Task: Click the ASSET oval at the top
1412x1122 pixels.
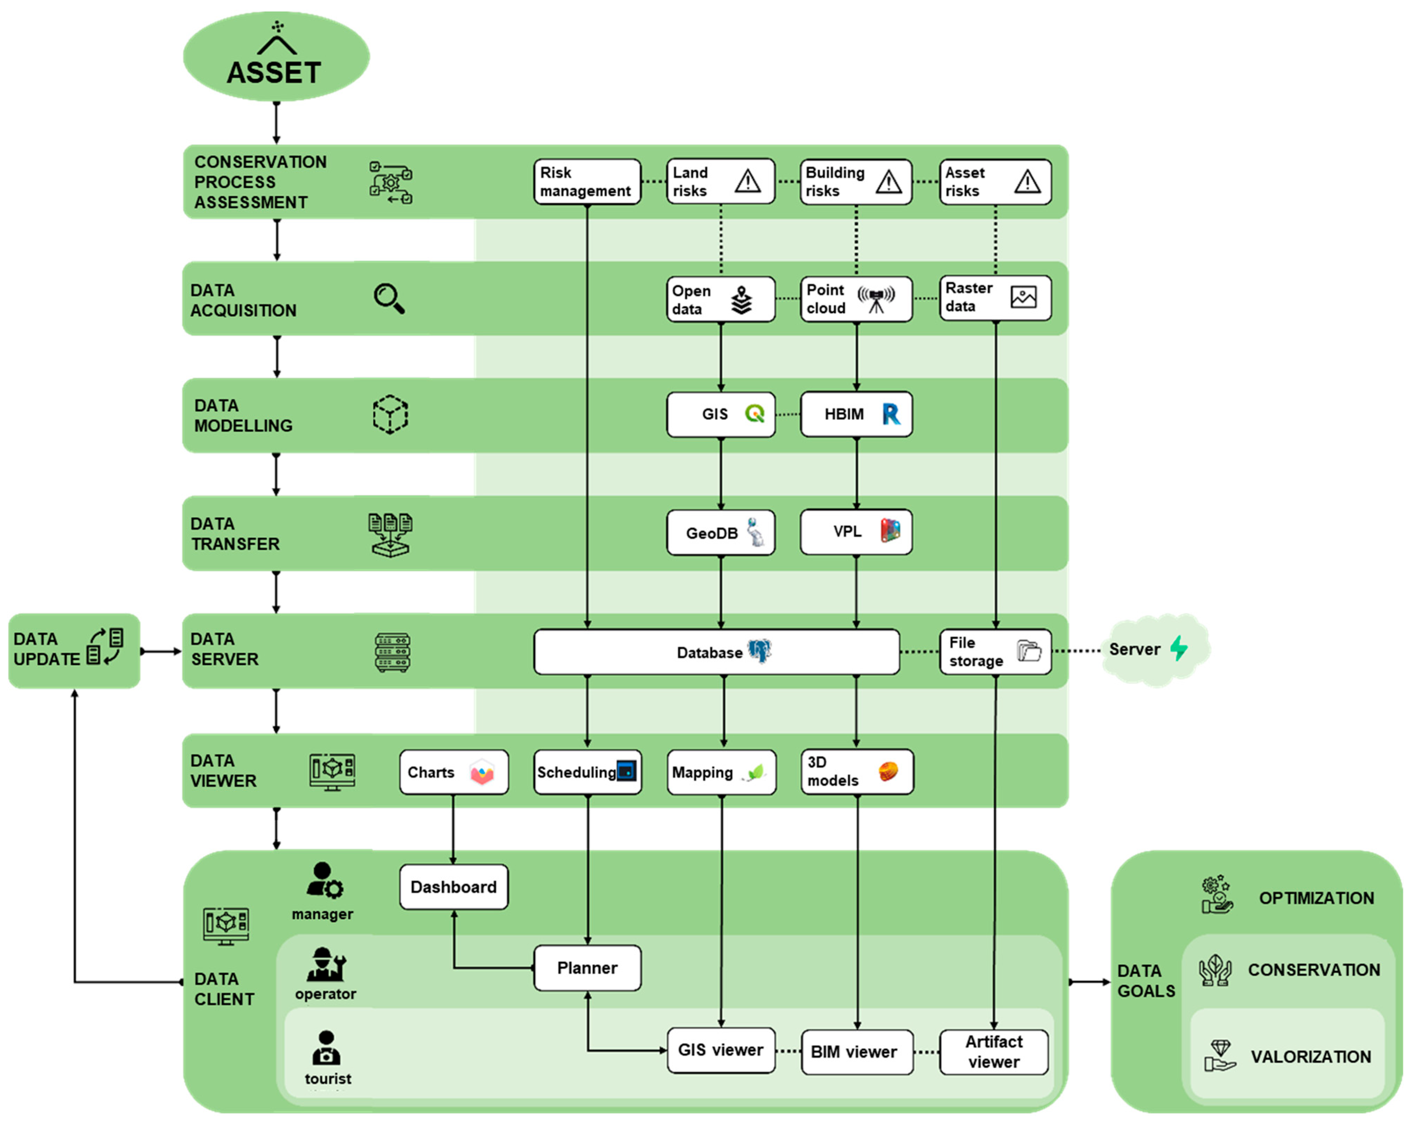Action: coord(276,57)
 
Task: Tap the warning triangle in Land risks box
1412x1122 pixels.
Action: coord(747,181)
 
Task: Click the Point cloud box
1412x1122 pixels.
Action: coord(855,299)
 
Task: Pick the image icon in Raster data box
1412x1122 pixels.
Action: coord(1023,297)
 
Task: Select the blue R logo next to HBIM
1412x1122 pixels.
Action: coord(891,414)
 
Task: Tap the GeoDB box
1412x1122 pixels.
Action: coord(721,533)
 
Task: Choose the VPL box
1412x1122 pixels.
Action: coord(855,532)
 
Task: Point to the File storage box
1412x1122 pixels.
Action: coord(995,652)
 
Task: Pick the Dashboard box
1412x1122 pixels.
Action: coord(453,887)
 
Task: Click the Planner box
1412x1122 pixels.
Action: coord(587,968)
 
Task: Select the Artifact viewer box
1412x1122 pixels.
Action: coord(993,1052)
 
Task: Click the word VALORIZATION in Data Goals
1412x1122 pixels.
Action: coord(1310,1057)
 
